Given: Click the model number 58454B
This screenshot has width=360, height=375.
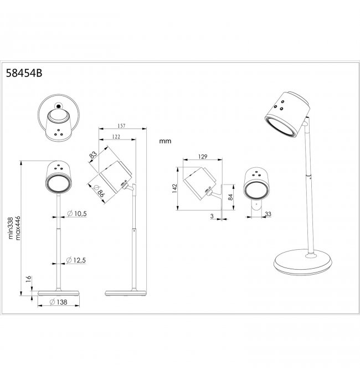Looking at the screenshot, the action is tap(24, 73).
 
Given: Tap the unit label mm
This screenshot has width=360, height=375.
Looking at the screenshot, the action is tap(165, 141).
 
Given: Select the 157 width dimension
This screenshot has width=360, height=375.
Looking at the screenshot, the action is tap(121, 126).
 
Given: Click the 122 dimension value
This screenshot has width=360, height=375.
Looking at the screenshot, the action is tap(116, 137).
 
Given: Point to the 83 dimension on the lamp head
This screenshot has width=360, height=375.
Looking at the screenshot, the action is tap(93, 155).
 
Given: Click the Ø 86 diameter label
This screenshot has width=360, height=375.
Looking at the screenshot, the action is tap(99, 191).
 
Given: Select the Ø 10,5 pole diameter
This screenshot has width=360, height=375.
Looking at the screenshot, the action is tap(77, 213).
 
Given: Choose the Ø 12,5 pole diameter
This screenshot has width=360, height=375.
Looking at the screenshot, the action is tap(76, 260).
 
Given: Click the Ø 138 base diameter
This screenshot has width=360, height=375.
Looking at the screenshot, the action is tap(59, 302).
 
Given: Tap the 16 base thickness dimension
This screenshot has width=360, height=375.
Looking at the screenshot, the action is tap(28, 279).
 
